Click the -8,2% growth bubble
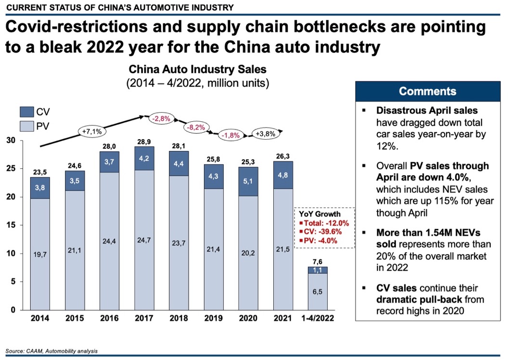pyautogui.click(x=194, y=128)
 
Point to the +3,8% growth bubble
pyautogui.click(x=265, y=134)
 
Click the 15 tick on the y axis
pyautogui.click(x=10, y=225)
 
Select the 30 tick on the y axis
pyautogui.click(x=10, y=141)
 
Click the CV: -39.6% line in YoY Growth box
pyautogui.click(x=320, y=232)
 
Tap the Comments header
pyautogui.click(x=427, y=91)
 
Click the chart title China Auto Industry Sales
pyautogui.click(x=197, y=70)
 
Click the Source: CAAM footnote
pyautogui.click(x=51, y=351)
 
